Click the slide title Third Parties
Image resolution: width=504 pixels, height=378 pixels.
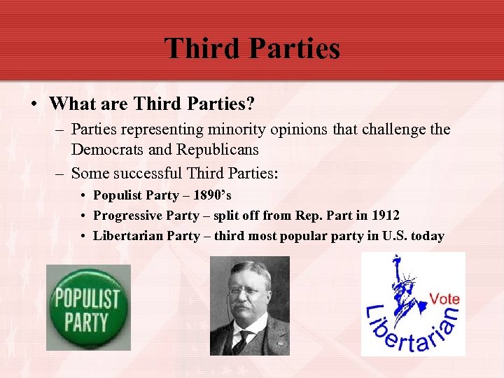pos(252,48)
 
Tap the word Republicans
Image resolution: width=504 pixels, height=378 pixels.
pos(217,150)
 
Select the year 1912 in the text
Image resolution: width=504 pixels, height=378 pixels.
pos(384,216)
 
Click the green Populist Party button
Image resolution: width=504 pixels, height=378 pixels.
pos(87,307)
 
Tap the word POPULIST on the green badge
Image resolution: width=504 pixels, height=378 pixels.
pos(87,297)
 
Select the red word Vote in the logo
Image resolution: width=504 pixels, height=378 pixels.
pos(444,299)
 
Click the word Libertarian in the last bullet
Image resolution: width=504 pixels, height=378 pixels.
pos(129,236)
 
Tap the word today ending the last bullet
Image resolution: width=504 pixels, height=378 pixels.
pos(428,236)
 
